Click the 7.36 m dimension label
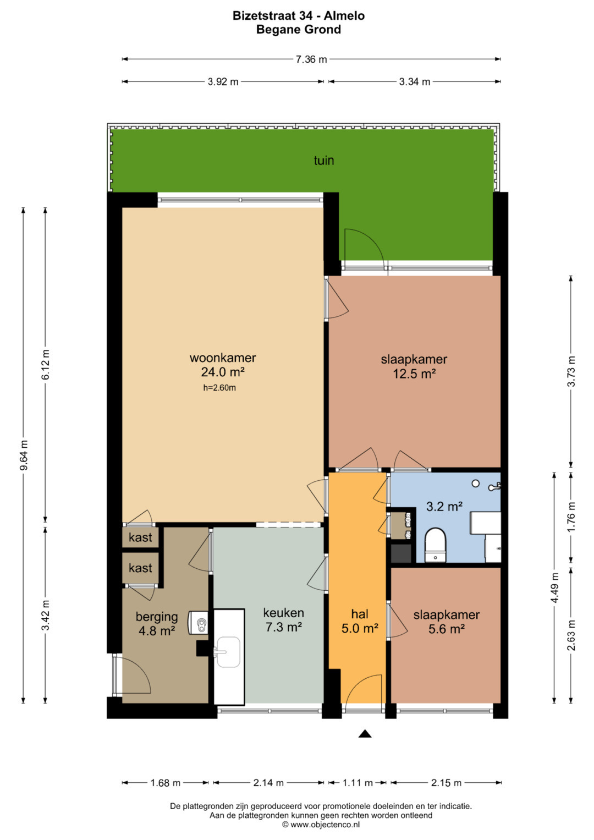click(311, 59)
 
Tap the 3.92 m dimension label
click(223, 82)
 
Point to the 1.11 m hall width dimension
click(358, 783)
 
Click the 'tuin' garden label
click(323, 161)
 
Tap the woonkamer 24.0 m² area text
click(223, 372)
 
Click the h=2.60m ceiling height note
click(219, 388)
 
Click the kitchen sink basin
click(228, 652)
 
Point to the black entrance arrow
click(365, 734)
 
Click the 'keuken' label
click(283, 613)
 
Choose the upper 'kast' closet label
click(140, 537)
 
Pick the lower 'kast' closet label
click(140, 568)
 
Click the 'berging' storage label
click(157, 617)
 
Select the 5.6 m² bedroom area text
click(447, 629)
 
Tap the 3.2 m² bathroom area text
click(444, 507)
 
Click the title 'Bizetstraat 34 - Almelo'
click(299, 15)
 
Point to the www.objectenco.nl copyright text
click(321, 825)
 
